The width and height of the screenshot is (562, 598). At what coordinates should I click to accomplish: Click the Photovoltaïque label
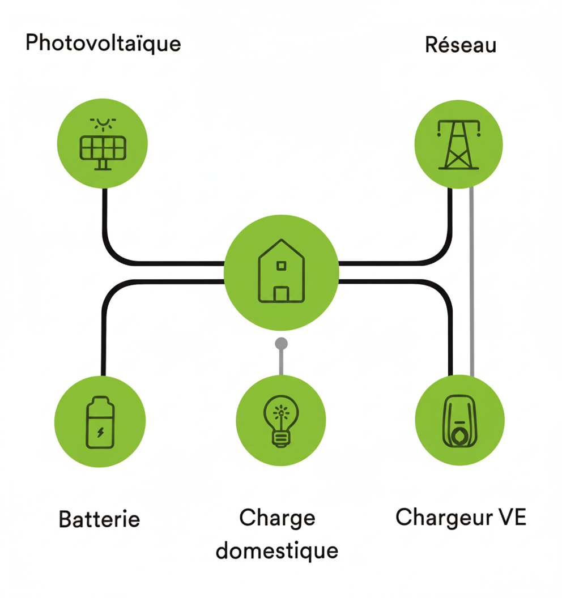point(103,43)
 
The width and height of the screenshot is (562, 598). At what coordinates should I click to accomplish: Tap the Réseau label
point(460,45)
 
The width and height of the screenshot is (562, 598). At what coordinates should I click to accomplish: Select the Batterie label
point(99,518)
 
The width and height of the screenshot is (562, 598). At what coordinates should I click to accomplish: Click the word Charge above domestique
point(277,518)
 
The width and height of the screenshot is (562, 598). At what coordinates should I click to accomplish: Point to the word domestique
point(277,550)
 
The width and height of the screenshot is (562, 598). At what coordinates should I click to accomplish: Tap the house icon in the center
point(281,272)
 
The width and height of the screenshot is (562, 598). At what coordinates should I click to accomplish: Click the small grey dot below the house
point(281,343)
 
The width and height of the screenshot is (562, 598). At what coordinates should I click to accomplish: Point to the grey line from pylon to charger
point(472,283)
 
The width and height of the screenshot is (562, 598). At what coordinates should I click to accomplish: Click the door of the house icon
point(281,294)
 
